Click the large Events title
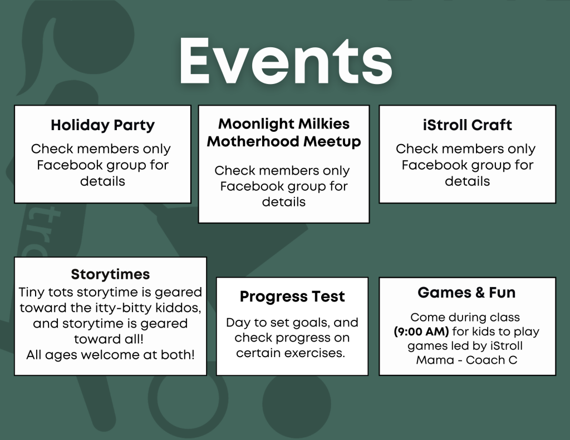(286, 61)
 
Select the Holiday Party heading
(102, 126)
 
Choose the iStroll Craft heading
(467, 125)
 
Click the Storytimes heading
(110, 274)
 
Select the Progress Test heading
(292, 296)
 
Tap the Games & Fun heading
(466, 293)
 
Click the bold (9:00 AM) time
(421, 332)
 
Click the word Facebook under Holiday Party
(70, 165)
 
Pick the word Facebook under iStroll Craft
(435, 165)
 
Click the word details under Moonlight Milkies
(284, 202)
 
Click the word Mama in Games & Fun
(432, 360)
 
